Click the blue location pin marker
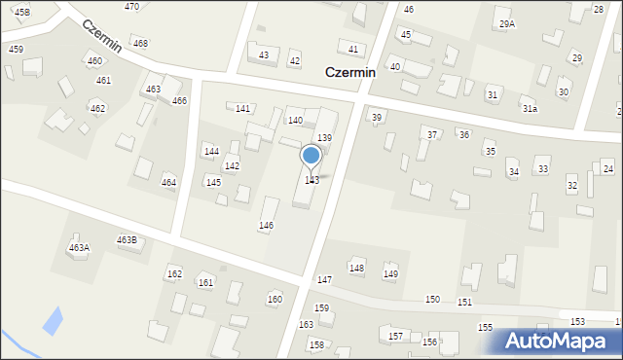311,156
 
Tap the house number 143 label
311,181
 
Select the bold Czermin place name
349,72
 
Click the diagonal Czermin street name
102,36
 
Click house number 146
266,226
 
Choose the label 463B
127,239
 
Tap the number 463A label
79,248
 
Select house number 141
242,108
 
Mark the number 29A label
506,23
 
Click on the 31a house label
529,109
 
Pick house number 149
390,274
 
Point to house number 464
168,183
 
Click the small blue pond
52,319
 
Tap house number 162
174,274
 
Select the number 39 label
377,117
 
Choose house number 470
131,7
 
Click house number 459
16,49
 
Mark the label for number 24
607,169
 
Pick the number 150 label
432,300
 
